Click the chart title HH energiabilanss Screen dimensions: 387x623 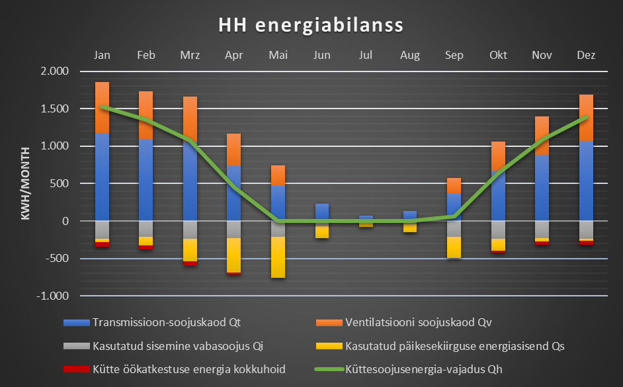(311, 26)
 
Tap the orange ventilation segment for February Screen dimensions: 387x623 (145, 114)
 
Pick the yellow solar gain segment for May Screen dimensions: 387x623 (278, 257)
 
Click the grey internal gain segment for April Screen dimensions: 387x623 (233, 229)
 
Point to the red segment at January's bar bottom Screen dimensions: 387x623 (102, 245)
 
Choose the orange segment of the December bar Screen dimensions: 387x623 (585, 118)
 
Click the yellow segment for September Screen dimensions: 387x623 (454, 247)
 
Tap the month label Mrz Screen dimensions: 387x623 (190, 56)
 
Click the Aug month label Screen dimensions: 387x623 (410, 56)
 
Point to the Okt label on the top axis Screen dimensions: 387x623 (498, 56)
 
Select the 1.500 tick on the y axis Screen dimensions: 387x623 (56, 109)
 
